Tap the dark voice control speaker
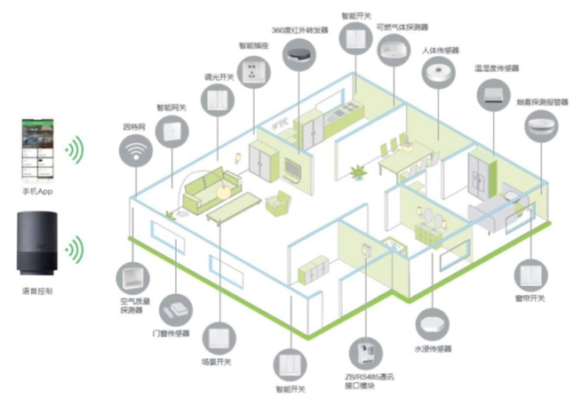coord(36,244)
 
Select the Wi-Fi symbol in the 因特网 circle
coord(136,154)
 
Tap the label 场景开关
coord(217,362)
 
